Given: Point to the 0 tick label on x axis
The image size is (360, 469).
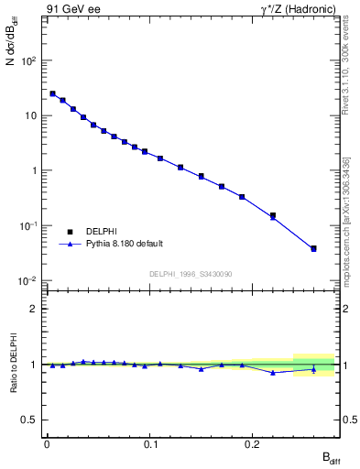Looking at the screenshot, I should click(47, 446).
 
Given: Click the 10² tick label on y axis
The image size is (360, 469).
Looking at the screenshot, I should click(29, 61).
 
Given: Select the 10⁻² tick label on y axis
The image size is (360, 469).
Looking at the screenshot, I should click(29, 280).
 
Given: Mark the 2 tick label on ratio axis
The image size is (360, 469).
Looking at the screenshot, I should click(34, 309).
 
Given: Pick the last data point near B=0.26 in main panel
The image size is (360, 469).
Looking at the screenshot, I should click(313, 248).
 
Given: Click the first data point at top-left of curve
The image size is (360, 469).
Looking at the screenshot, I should click(52, 93).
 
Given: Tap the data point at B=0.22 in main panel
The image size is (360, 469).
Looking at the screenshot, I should click(273, 216).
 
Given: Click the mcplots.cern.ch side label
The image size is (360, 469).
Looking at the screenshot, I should click(345, 213).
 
